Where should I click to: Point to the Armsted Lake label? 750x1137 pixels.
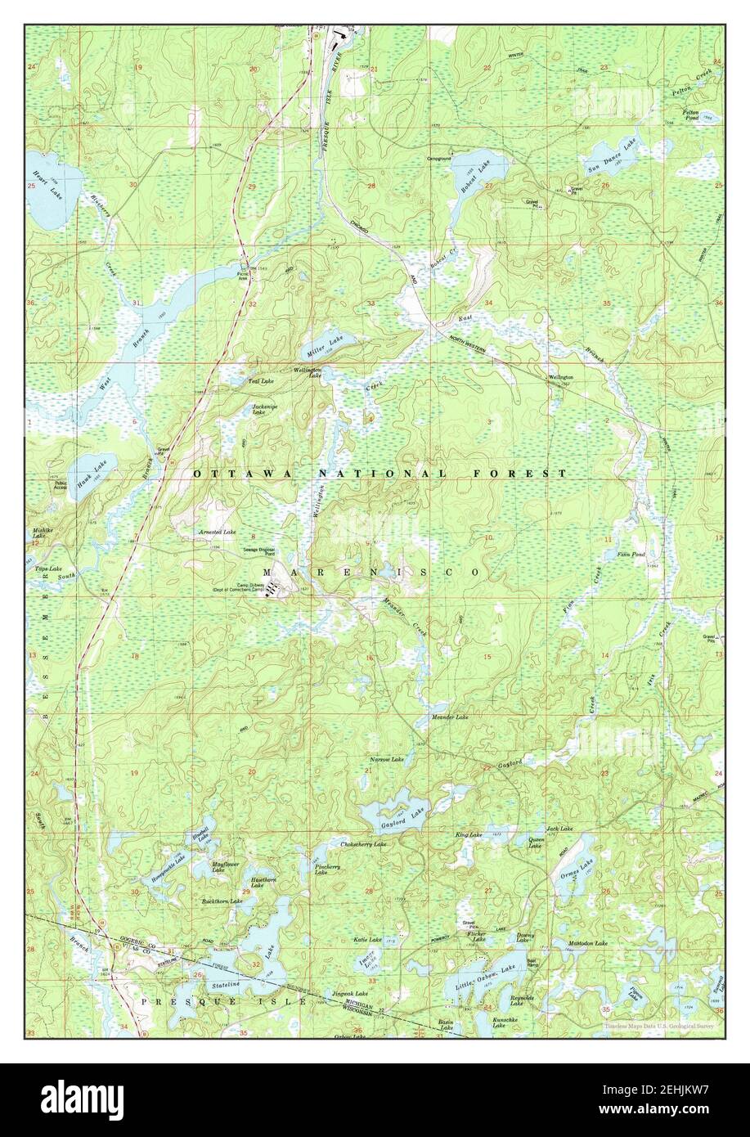(x=218, y=532)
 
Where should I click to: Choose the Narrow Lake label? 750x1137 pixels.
(x=386, y=760)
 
